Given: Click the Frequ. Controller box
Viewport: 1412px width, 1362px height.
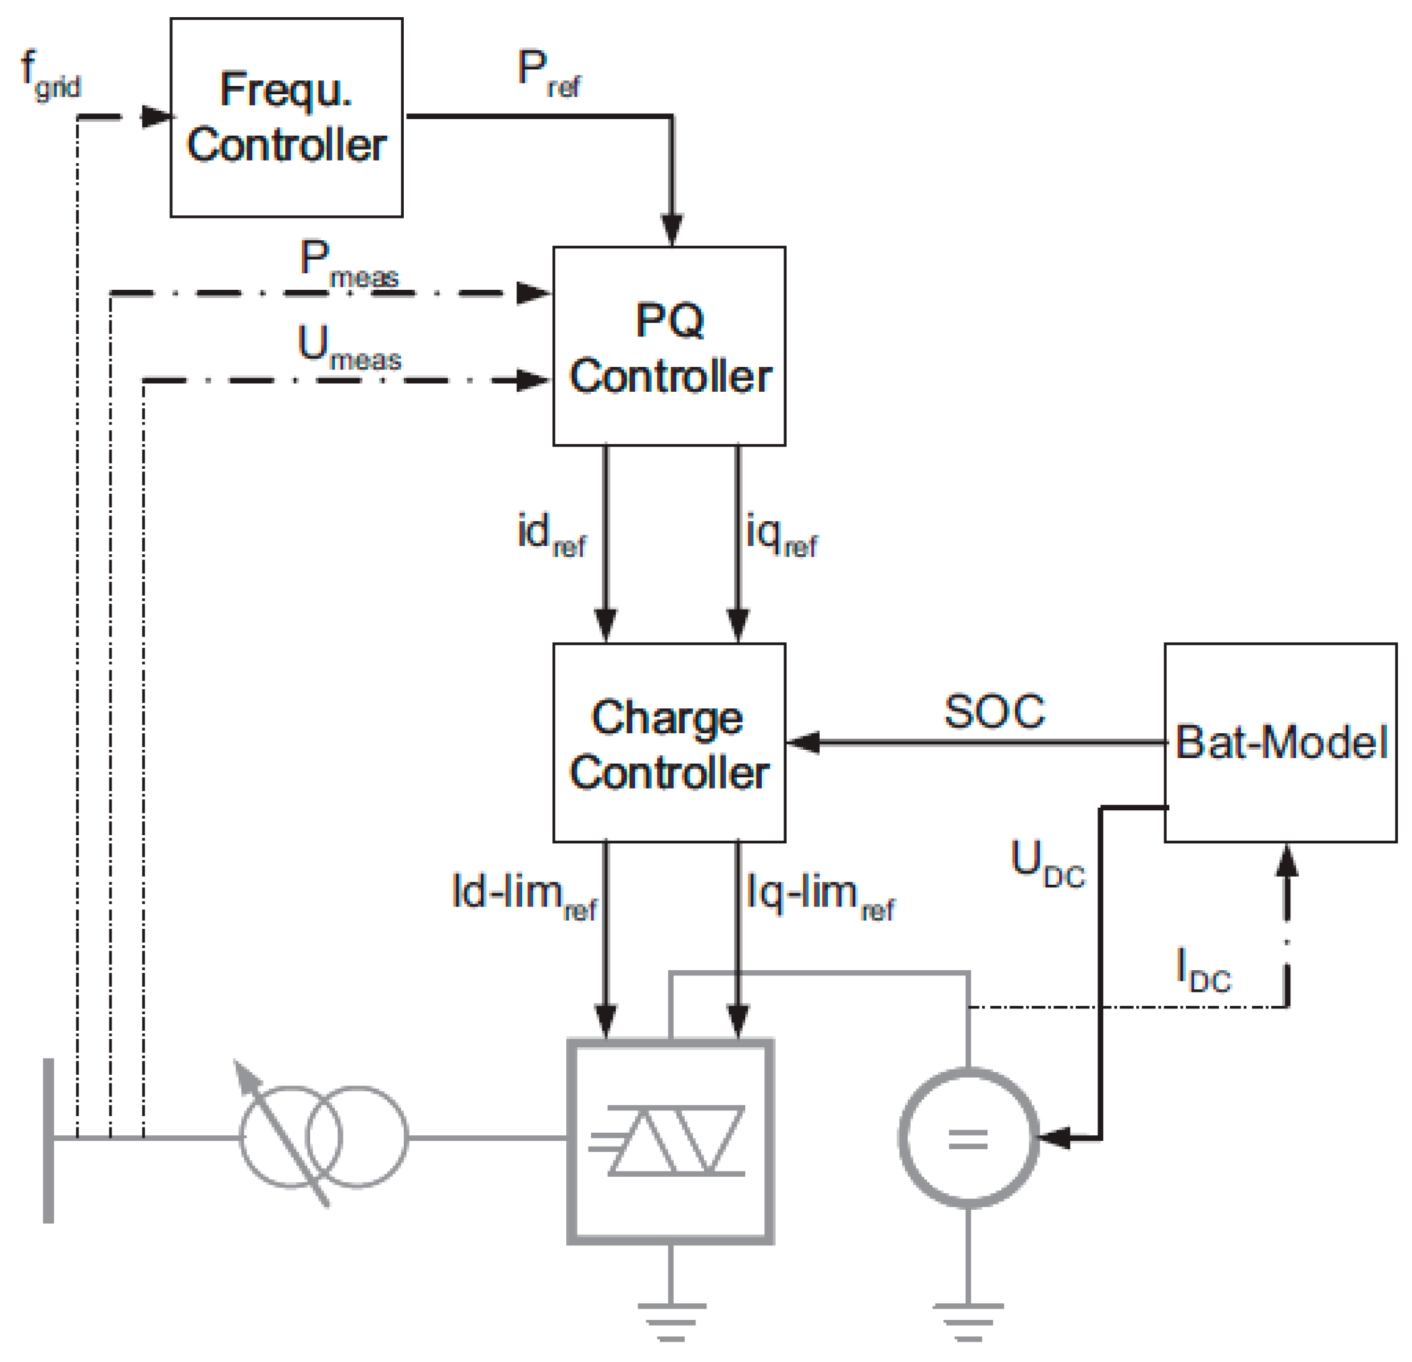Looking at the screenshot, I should (x=286, y=117).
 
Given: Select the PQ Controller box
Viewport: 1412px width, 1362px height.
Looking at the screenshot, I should (x=669, y=346).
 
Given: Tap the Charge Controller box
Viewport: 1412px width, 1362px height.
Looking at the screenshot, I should (x=669, y=742).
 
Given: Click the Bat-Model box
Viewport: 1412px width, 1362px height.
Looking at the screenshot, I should (x=1280, y=742).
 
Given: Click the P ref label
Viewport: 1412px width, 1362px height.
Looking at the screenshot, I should (x=548, y=73).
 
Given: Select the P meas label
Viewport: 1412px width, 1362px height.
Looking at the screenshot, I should (x=348, y=264).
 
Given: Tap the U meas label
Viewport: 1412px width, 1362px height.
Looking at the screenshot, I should (x=348, y=348).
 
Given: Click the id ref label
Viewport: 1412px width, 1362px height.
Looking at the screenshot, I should (x=551, y=534).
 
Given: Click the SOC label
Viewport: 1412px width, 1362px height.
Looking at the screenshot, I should (x=994, y=712).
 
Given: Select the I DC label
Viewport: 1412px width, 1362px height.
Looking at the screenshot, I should (x=1202, y=970).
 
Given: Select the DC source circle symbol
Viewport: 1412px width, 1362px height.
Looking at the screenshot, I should (x=968, y=1138).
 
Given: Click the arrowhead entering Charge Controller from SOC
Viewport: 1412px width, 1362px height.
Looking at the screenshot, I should (x=803, y=742).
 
